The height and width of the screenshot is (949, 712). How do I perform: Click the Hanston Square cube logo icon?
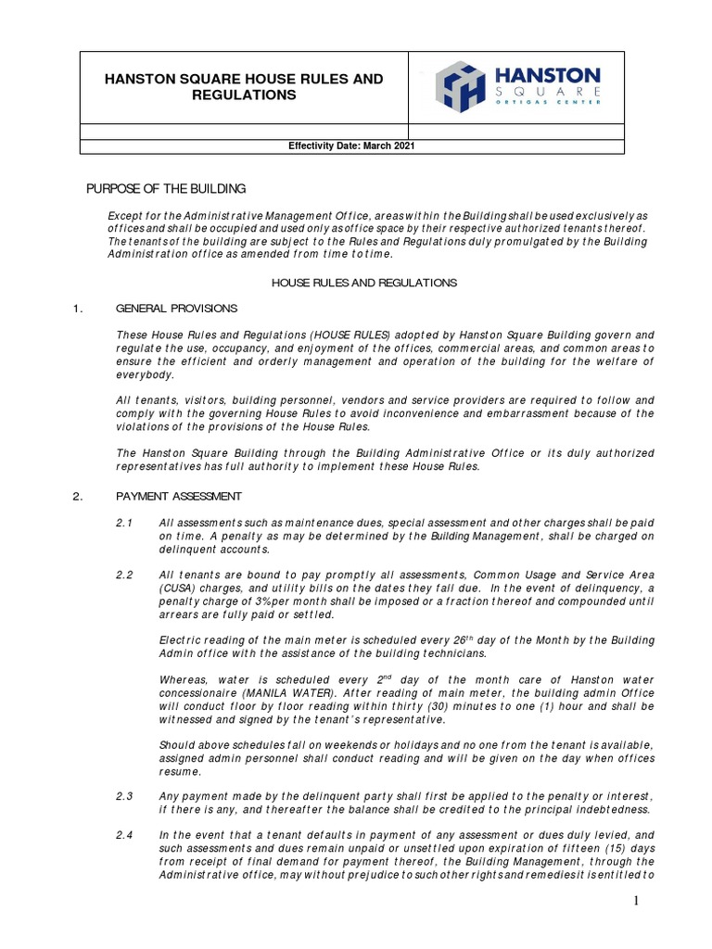pyautogui.click(x=460, y=86)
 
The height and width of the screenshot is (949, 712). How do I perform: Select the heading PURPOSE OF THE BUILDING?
pyautogui.click(x=166, y=189)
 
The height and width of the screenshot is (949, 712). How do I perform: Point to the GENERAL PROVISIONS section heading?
pyautogui.click(x=176, y=308)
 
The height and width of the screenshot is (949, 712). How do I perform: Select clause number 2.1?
pyautogui.click(x=125, y=524)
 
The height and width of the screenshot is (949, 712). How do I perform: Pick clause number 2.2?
pyautogui.click(x=125, y=576)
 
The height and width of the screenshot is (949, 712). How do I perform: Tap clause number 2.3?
pyautogui.click(x=125, y=796)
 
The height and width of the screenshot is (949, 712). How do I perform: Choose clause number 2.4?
pyautogui.click(x=125, y=835)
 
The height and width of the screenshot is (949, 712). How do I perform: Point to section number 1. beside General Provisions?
pyautogui.click(x=78, y=308)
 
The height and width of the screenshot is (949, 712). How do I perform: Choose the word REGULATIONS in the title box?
pyautogui.click(x=245, y=95)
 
